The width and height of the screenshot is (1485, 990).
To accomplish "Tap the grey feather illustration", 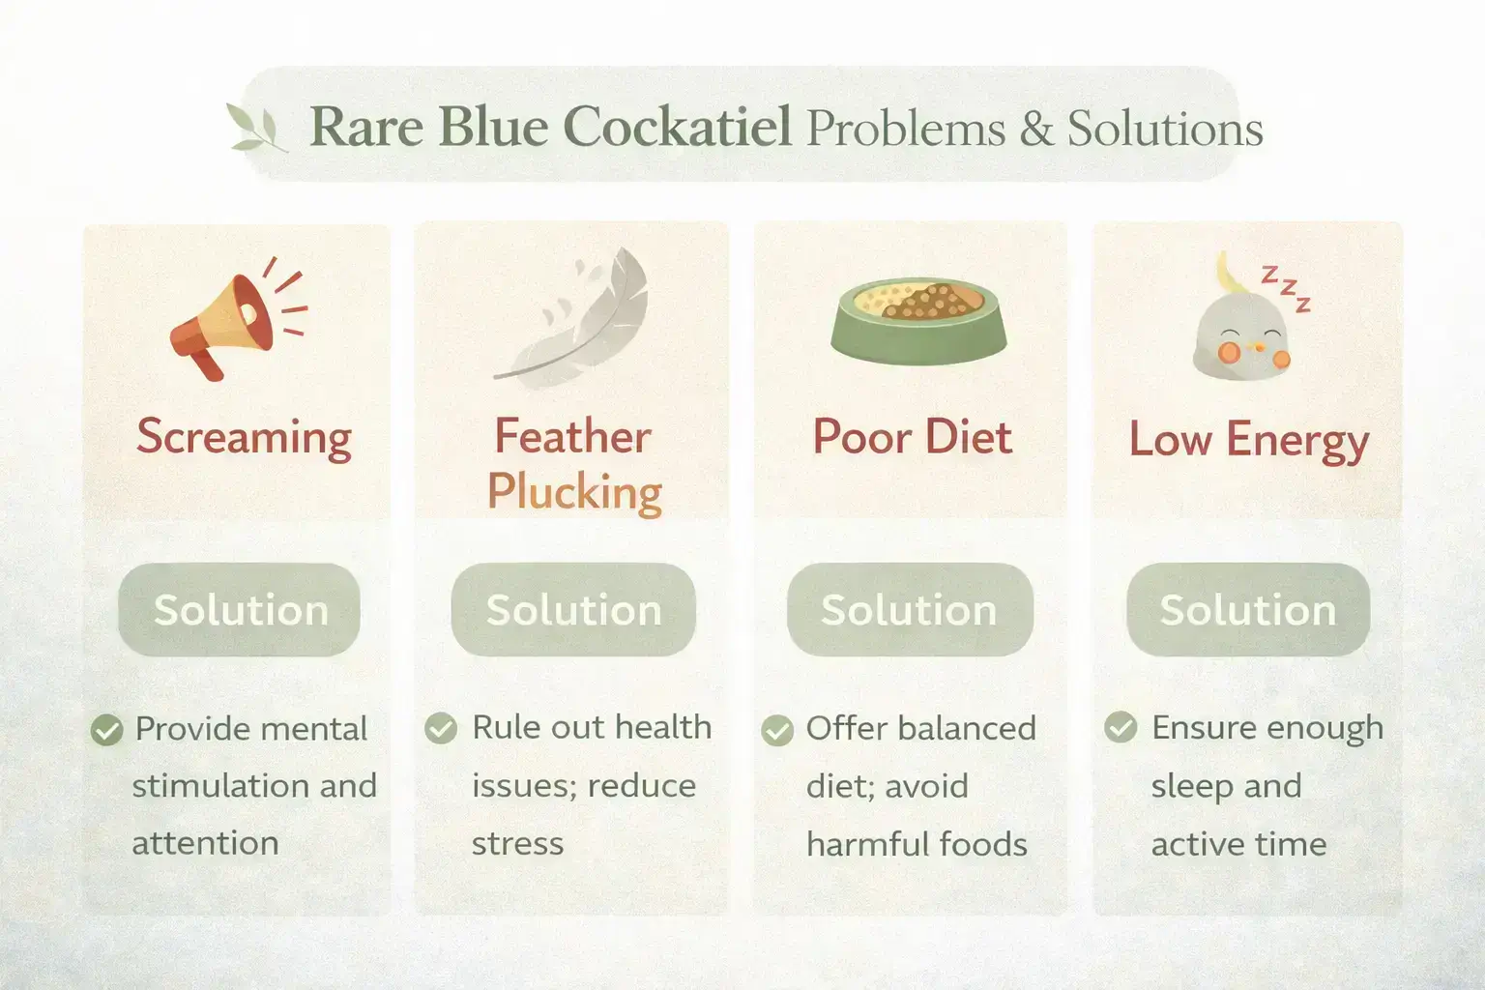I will (x=575, y=314).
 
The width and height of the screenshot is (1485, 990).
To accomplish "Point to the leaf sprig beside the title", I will (x=256, y=128).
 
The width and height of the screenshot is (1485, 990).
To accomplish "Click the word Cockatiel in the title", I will (x=676, y=127).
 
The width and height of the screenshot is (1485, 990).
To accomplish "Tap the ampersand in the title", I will (x=1035, y=129).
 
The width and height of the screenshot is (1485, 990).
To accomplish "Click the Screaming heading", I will (x=244, y=436).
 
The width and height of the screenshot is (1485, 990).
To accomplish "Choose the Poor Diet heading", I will (x=912, y=437).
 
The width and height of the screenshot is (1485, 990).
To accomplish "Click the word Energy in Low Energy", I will (x=1296, y=441).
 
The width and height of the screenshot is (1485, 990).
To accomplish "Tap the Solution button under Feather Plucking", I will (x=573, y=610).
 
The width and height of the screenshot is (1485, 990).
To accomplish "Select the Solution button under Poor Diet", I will (x=909, y=610).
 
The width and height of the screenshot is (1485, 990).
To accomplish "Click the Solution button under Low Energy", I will (x=1247, y=610).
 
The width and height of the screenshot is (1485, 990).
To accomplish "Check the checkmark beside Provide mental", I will (x=106, y=730).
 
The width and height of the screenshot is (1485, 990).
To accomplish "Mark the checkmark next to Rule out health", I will (x=441, y=728).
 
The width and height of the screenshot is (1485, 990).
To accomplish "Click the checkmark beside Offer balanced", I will (x=776, y=731).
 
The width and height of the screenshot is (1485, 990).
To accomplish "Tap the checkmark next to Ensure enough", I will (x=1121, y=727).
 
